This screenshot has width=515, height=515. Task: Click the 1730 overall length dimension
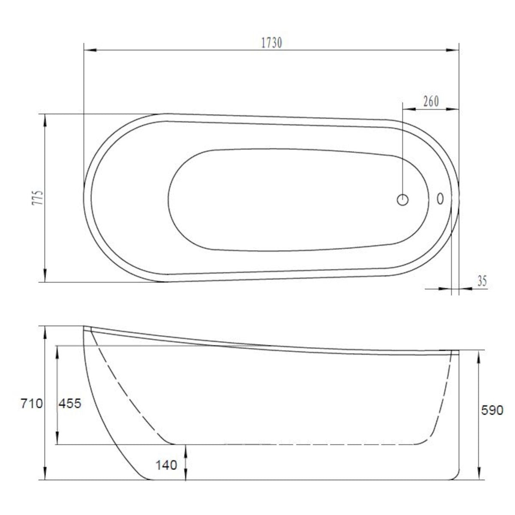272,43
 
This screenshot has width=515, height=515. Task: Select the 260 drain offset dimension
431,101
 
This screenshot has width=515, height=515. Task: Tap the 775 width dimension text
37,197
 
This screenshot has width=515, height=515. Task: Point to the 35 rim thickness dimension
482,281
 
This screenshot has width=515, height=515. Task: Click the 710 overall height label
32,403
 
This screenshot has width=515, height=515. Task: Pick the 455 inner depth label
70,403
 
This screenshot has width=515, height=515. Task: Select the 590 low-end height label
492,410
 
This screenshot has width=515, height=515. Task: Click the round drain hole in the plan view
403,200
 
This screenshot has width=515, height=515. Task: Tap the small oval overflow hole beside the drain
440,199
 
